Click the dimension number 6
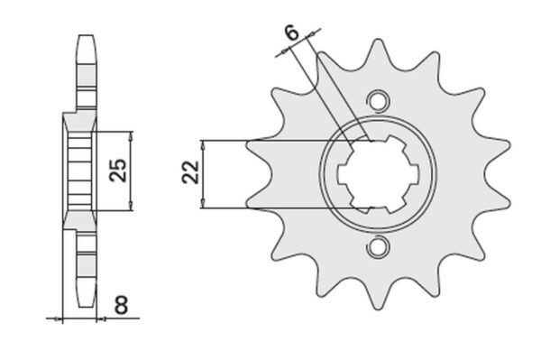coord(292,33)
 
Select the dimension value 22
coord(191,172)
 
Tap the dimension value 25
coord(118,171)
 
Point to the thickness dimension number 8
coord(122,305)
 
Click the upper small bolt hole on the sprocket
coord(378,101)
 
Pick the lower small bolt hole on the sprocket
coord(378,246)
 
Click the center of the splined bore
coord(378,173)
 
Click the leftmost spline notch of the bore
coord(343,174)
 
